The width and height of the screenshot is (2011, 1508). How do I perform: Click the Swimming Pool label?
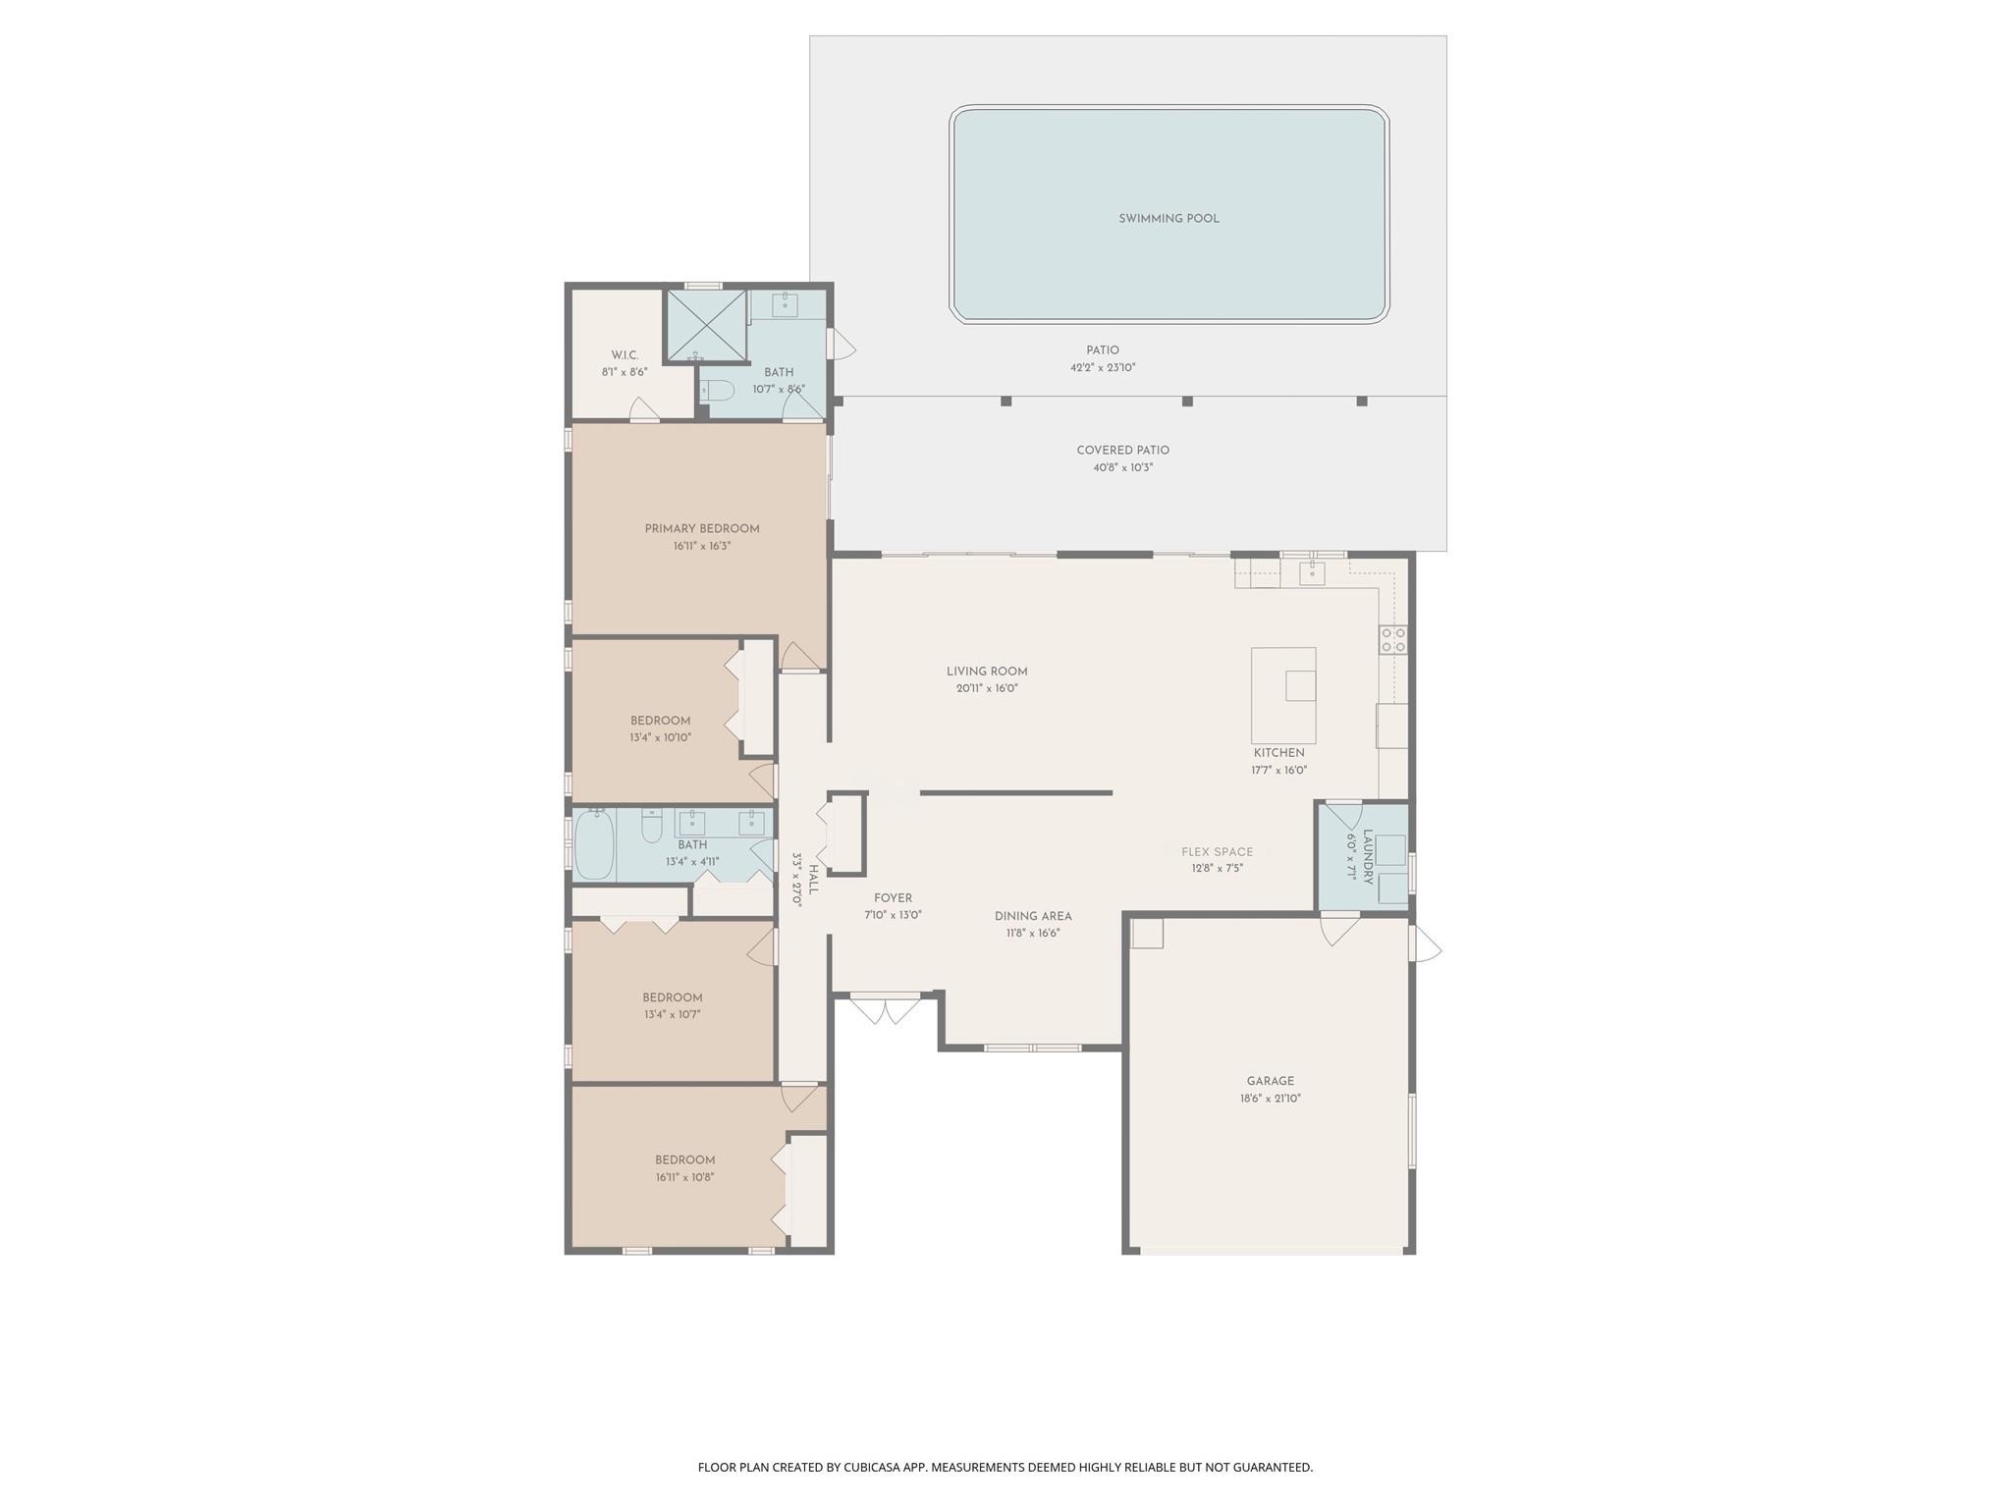tap(1169, 219)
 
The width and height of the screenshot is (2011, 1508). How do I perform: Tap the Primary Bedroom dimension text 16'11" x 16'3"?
tap(701, 546)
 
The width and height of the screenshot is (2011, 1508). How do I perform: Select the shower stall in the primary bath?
tap(706, 325)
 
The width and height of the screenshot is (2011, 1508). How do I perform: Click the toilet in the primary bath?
tap(718, 391)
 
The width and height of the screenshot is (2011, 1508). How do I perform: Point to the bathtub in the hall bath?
tap(594, 844)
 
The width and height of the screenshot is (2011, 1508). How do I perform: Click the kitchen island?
tap(1282, 695)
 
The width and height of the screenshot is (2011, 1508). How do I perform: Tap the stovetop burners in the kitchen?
tap(1393, 640)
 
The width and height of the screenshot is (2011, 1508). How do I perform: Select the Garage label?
tap(1271, 1081)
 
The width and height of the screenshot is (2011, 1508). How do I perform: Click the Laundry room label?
tap(1366, 857)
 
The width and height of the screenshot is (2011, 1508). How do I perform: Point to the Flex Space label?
tap(1217, 852)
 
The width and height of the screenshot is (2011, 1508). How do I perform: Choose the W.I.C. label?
tap(625, 355)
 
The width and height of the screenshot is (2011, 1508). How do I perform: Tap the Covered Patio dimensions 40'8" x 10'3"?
tap(1122, 468)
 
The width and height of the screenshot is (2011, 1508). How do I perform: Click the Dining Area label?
tap(1032, 916)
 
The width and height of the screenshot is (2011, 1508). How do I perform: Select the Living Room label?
tap(987, 672)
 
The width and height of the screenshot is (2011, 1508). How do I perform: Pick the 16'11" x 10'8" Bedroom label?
tap(684, 1160)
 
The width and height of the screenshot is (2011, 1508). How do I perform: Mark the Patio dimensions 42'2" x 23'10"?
tap(1102, 368)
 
